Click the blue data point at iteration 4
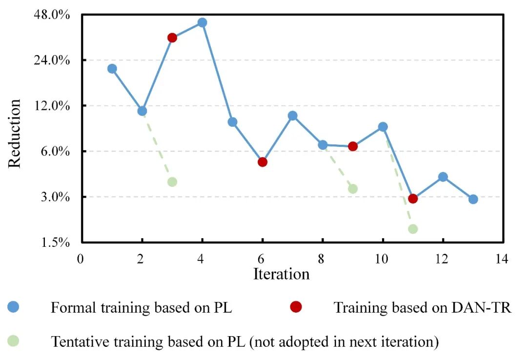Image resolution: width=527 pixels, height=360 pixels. tap(202, 22)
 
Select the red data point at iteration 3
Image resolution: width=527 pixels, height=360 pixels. tap(172, 38)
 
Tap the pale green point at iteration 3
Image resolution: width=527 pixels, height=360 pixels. tap(172, 182)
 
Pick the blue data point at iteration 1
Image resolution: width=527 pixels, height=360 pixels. tap(112, 69)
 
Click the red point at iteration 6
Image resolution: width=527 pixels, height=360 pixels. tap(262, 162)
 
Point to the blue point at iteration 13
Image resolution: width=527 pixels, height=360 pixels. tap(473, 199)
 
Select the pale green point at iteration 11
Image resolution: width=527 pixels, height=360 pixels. tap(413, 229)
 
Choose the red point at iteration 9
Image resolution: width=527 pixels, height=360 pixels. tap(353, 146)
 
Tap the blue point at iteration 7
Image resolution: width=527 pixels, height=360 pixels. tap(292, 116)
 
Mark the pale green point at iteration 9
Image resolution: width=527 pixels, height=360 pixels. tap(353, 189)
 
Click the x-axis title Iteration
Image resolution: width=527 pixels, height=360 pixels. tap(281, 274)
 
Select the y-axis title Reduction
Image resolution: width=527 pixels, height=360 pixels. tap(15, 134)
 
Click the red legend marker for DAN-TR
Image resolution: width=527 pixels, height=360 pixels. tap(296, 307)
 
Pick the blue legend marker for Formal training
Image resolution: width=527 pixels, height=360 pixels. tap(14, 307)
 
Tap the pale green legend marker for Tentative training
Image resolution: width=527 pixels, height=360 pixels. tap(14, 341)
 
